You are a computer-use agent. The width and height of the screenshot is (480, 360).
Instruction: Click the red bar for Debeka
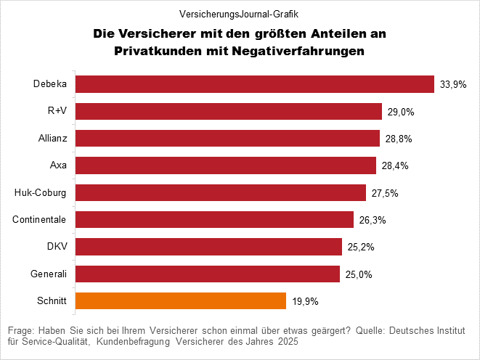pyautogui.click(x=254, y=84)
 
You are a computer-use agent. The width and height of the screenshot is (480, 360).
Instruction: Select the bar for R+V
pyautogui.click(x=229, y=111)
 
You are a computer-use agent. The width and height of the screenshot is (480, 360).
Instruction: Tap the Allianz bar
pyautogui.click(x=227, y=138)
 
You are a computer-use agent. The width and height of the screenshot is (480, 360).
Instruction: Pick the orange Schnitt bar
pyautogui.click(x=181, y=300)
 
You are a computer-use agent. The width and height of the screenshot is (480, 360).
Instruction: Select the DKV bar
pyautogui.click(x=208, y=247)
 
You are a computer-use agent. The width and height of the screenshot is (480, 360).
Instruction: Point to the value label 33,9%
pyautogui.click(x=453, y=85)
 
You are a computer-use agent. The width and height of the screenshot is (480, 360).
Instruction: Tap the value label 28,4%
pyautogui.click(x=395, y=166)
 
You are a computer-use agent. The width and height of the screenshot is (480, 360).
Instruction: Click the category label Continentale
pyautogui.click(x=40, y=219)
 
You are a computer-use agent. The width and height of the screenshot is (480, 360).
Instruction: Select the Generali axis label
pyautogui.click(x=49, y=274)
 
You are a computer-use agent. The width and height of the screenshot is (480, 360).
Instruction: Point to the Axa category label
pyautogui.click(x=58, y=165)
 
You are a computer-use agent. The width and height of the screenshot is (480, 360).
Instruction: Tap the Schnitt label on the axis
pyautogui.click(x=52, y=300)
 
